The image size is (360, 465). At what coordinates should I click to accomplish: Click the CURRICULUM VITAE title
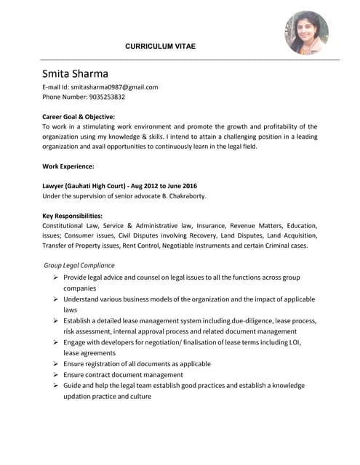(x=160, y=46)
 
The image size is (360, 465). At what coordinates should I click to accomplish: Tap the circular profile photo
(x=306, y=33)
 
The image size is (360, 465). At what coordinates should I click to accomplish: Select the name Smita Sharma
(x=75, y=73)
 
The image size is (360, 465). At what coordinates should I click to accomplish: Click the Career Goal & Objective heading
(x=79, y=116)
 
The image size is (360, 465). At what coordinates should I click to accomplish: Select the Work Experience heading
(x=68, y=166)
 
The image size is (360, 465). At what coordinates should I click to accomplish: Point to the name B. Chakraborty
(x=181, y=196)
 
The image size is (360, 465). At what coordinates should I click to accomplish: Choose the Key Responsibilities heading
(x=72, y=216)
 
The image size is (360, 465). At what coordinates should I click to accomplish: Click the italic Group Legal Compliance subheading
(x=79, y=265)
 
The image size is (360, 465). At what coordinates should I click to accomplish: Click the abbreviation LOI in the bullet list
(x=294, y=342)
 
